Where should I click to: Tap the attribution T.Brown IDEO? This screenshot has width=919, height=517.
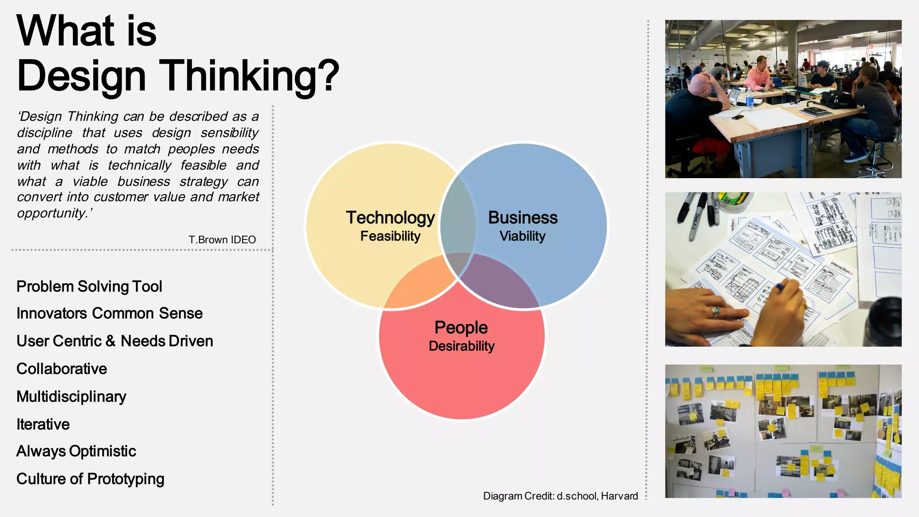click(222, 240)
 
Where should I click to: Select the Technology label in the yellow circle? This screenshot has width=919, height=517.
click(390, 218)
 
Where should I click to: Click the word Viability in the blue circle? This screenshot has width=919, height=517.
click(522, 236)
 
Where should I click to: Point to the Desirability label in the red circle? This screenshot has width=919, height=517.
click(461, 346)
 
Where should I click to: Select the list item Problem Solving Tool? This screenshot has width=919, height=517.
click(89, 286)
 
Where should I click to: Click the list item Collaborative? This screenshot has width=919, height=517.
click(61, 369)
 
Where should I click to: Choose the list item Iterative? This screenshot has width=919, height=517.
click(43, 424)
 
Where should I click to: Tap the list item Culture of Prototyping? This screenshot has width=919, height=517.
click(90, 479)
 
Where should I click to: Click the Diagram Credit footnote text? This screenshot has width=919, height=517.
click(560, 496)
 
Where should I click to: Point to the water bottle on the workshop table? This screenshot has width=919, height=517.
click(749, 98)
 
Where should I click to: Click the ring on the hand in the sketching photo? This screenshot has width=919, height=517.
click(715, 311)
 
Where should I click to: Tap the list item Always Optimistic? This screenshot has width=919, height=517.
click(76, 451)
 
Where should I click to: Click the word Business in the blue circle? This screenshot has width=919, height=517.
click(522, 218)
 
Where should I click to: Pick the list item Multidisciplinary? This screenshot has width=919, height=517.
click(71, 397)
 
